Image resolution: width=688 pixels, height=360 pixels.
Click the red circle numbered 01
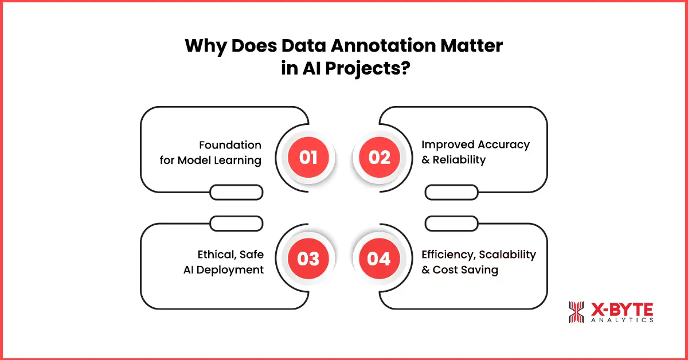tap(308, 157)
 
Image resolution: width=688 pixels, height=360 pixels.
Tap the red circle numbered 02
tap(379, 157)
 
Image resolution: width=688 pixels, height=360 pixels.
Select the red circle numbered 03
tap(308, 259)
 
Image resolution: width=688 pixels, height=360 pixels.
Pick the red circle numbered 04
tap(379, 259)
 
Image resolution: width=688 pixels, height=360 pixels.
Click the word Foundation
tap(230, 145)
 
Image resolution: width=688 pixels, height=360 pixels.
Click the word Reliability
tap(459, 160)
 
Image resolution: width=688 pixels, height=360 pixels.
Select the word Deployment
tap(231, 269)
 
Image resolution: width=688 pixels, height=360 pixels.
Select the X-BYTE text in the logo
tap(621, 310)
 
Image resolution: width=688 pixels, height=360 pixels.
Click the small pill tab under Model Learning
tap(236, 193)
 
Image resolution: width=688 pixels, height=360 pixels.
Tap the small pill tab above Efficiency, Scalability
tap(451, 223)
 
